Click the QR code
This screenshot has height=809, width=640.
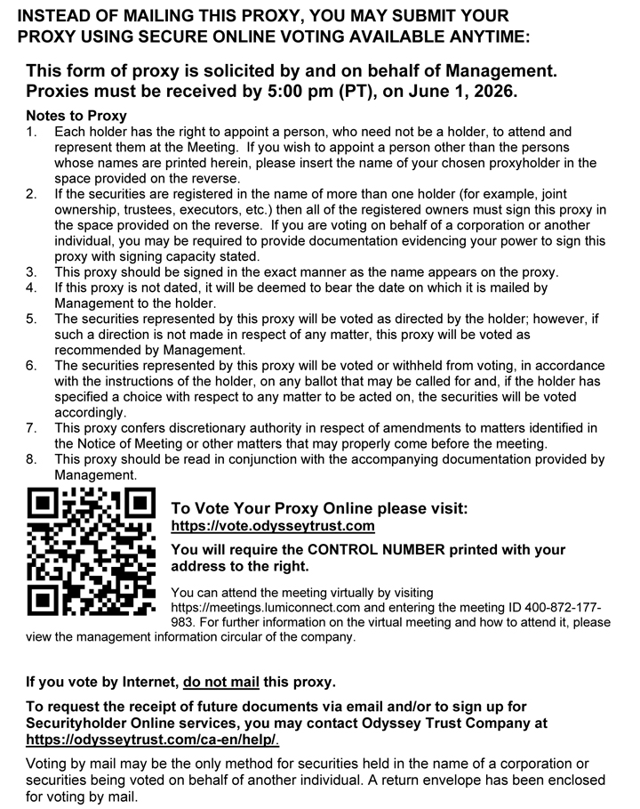coord(92,553)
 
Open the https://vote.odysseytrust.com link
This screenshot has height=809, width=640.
coord(273,526)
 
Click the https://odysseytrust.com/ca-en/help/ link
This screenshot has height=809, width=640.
coord(152,740)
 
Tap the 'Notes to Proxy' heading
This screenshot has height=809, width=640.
coord(76,116)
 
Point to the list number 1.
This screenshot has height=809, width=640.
coord(31,132)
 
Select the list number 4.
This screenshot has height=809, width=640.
coord(31,287)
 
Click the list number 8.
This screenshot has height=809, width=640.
coord(31,459)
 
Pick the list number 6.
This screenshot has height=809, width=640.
coord(31,366)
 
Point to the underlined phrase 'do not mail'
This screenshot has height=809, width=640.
coord(221,683)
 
